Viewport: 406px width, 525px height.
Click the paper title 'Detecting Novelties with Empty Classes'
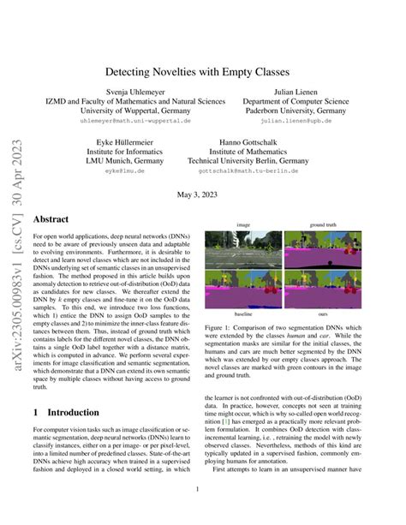203,74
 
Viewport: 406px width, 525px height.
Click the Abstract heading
50,219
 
